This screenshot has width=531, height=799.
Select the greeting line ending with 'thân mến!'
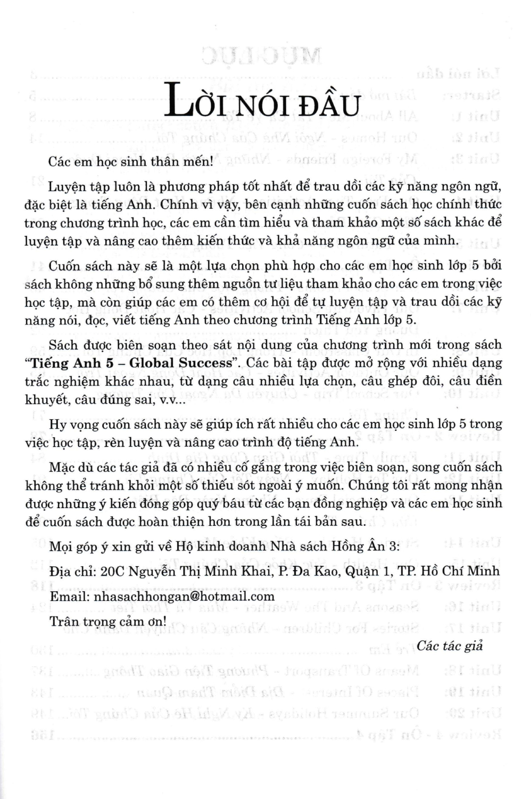[130, 162]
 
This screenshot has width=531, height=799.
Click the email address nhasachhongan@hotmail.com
[184, 597]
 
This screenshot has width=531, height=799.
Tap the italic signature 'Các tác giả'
[450, 646]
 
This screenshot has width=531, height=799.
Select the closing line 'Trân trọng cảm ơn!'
[107, 621]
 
